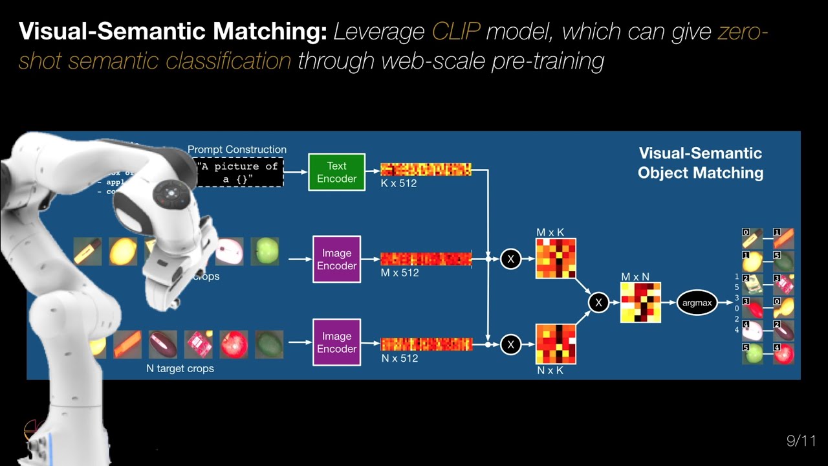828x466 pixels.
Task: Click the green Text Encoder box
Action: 336,172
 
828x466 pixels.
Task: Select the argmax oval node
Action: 697,303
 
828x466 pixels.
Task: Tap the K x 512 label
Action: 398,183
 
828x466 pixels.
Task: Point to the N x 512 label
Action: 399,358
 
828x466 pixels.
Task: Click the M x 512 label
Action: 399,272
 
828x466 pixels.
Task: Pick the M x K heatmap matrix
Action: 556,259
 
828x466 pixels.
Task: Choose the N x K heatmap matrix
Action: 556,344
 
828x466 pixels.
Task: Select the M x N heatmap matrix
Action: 640,302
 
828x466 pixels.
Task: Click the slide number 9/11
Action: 801,441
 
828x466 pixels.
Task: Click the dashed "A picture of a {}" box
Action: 239,172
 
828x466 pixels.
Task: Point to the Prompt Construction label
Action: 237,150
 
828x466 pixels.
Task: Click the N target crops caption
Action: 180,368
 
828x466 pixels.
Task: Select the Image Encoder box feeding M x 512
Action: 336,259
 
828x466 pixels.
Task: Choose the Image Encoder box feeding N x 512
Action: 336,342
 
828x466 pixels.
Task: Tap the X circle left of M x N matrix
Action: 598,302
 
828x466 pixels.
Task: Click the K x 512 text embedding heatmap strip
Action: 426,170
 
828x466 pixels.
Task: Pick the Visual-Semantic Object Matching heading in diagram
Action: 701,162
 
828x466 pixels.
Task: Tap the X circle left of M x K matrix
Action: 510,259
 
